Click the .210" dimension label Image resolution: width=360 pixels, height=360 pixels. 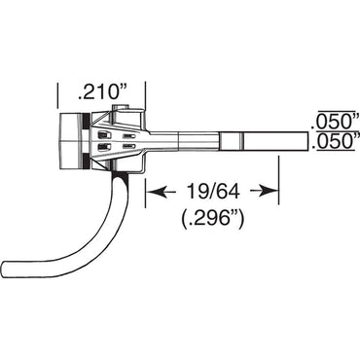pos(101,92)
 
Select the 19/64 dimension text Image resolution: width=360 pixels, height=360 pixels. pos(212,191)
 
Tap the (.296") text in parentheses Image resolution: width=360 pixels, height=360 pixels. pos(213,220)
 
